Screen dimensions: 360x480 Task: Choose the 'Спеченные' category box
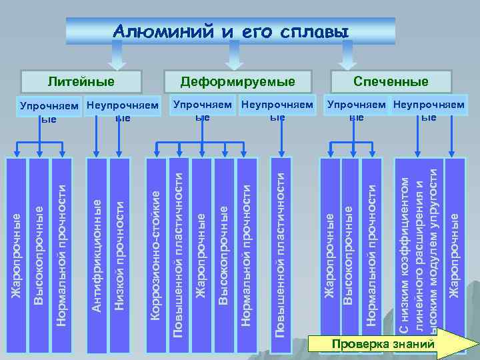(400, 82)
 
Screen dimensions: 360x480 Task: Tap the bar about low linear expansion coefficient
(418, 247)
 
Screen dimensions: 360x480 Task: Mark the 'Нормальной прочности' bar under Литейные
(61, 247)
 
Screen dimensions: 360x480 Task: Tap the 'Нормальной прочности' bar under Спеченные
(372, 247)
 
